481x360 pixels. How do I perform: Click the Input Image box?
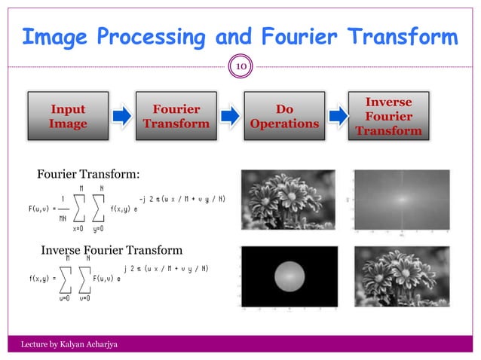[x=67, y=117]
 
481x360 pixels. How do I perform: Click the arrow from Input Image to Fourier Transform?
[x=121, y=116]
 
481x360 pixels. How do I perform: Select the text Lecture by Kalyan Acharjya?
[x=67, y=344]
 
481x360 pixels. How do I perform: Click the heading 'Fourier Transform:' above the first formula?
[x=88, y=175]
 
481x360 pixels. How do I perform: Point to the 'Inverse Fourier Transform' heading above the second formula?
[x=112, y=250]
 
